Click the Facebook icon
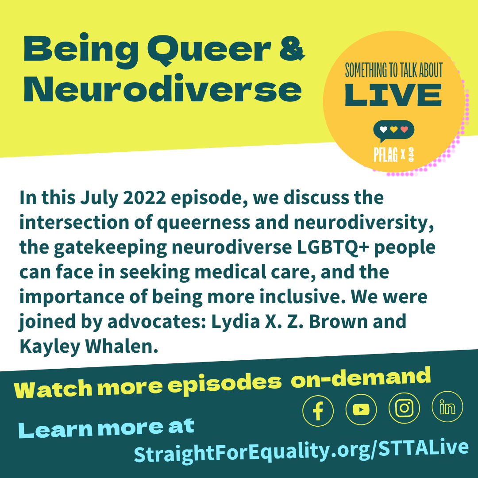pos(318,411)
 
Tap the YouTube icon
pos(361,409)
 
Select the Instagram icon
pos(404,408)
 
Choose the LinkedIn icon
pos(447,407)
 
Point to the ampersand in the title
pos(292,48)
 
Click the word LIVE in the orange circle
pos(393,95)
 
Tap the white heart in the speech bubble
pos(383,129)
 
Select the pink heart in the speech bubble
pos(404,129)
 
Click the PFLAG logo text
pos(385,154)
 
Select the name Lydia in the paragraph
pos(235,321)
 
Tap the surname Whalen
pos(122,346)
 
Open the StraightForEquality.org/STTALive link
pos(301,451)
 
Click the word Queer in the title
pos(209,50)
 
